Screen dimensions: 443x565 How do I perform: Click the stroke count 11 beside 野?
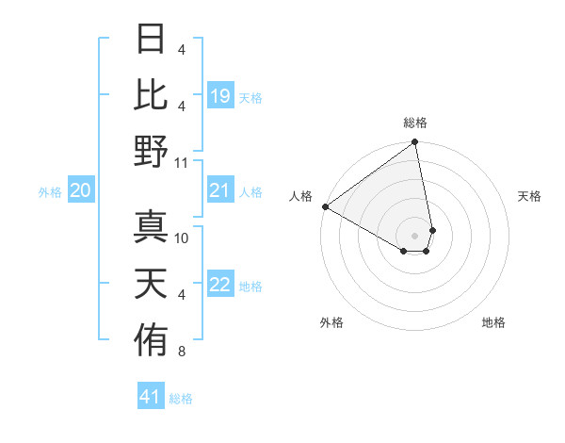pyautogui.click(x=182, y=162)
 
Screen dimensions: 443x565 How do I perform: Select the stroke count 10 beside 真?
pyautogui.click(x=182, y=238)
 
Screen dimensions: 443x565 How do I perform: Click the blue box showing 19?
pyautogui.click(x=219, y=96)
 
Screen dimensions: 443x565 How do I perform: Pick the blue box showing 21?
pyautogui.click(x=219, y=191)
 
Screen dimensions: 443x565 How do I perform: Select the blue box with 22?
pyautogui.click(x=219, y=286)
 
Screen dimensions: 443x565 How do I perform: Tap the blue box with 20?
pyautogui.click(x=80, y=191)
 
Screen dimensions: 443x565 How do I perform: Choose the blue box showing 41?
pyautogui.click(x=151, y=398)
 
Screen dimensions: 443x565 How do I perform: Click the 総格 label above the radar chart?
pyautogui.click(x=415, y=123)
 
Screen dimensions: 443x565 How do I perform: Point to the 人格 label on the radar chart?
pyautogui.click(x=301, y=195)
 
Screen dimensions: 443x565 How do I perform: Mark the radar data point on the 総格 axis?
pyautogui.click(x=414, y=143)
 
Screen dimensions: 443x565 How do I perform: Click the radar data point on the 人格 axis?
pyautogui.click(x=325, y=206)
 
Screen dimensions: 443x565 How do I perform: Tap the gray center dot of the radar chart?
pyautogui.click(x=414, y=235)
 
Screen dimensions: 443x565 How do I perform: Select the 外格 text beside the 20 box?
pyautogui.click(x=50, y=192)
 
